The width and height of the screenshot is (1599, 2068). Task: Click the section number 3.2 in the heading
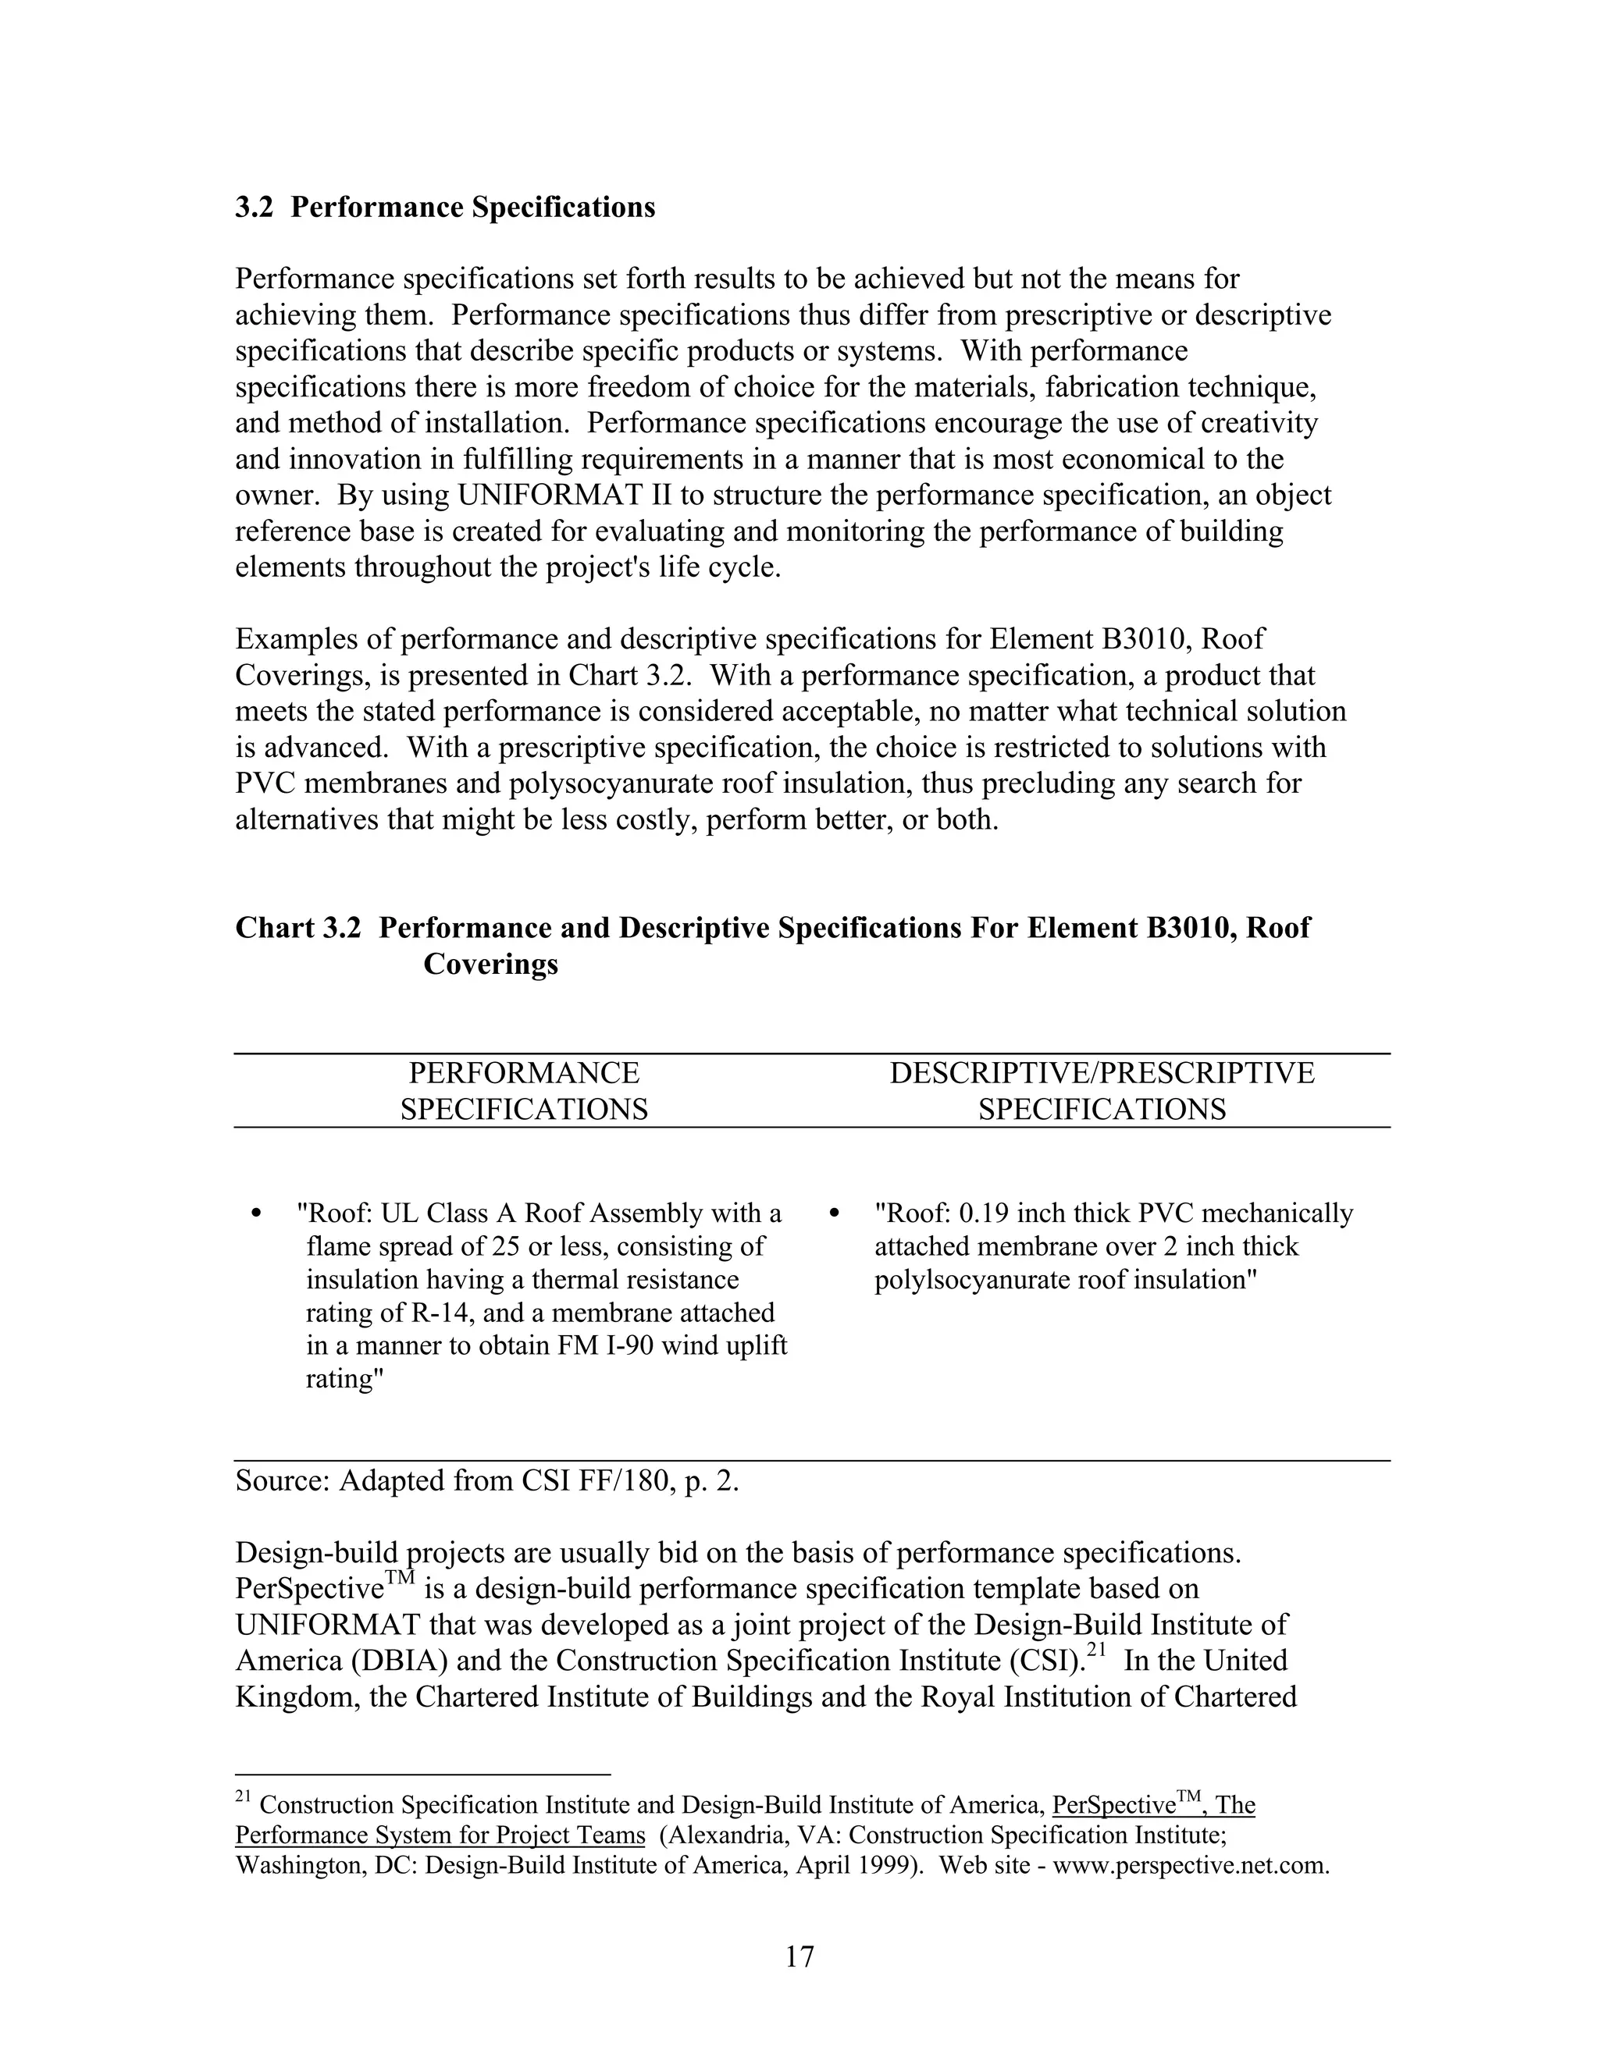click(x=253, y=208)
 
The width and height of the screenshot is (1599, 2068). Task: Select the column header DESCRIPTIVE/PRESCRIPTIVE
click(x=1102, y=1073)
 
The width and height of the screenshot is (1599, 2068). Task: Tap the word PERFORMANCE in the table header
click(x=524, y=1073)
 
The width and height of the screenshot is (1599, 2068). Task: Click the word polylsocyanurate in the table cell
click(x=974, y=1280)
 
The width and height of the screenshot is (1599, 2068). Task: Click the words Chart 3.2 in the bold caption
click(x=297, y=928)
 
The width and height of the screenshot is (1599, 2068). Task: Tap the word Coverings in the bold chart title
click(x=490, y=964)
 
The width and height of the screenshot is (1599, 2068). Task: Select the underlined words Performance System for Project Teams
click(x=440, y=1835)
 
